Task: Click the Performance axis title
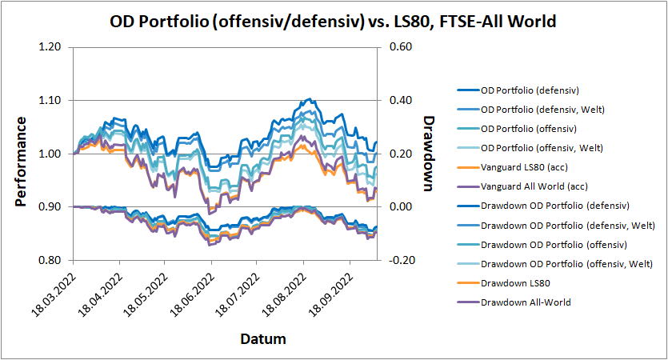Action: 22,161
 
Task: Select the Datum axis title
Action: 263,339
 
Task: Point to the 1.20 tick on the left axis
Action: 50,47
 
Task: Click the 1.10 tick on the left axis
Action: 50,101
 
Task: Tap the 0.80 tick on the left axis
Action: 50,261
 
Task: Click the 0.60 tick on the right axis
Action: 401,47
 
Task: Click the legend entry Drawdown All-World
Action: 527,302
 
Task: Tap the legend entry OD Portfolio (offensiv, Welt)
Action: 542,147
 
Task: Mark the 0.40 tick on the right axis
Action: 401,101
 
